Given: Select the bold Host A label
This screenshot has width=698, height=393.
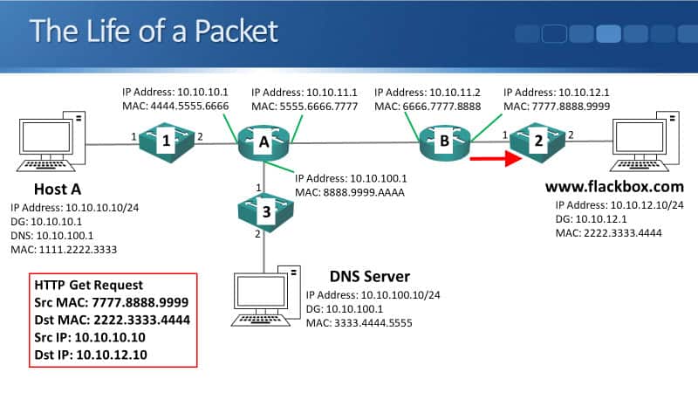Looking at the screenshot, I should [x=59, y=190].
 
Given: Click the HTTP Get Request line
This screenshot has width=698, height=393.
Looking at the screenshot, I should [x=89, y=286].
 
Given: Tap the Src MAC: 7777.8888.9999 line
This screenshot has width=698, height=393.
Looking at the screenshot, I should [x=112, y=302].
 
